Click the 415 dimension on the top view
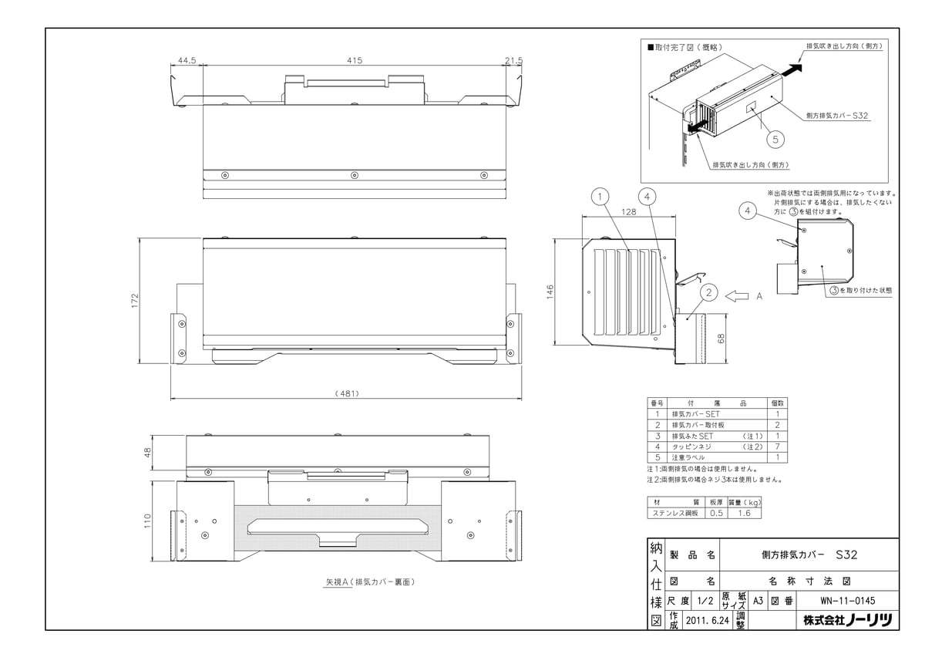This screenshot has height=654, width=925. [x=355, y=59]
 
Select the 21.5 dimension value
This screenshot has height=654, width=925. [x=514, y=59]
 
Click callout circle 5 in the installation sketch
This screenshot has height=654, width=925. [x=775, y=140]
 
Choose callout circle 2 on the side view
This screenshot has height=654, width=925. [x=710, y=292]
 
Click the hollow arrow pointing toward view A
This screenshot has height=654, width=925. [x=738, y=295]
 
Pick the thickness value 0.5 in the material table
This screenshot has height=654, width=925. [x=716, y=512]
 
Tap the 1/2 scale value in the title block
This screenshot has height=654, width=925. [x=705, y=600]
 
